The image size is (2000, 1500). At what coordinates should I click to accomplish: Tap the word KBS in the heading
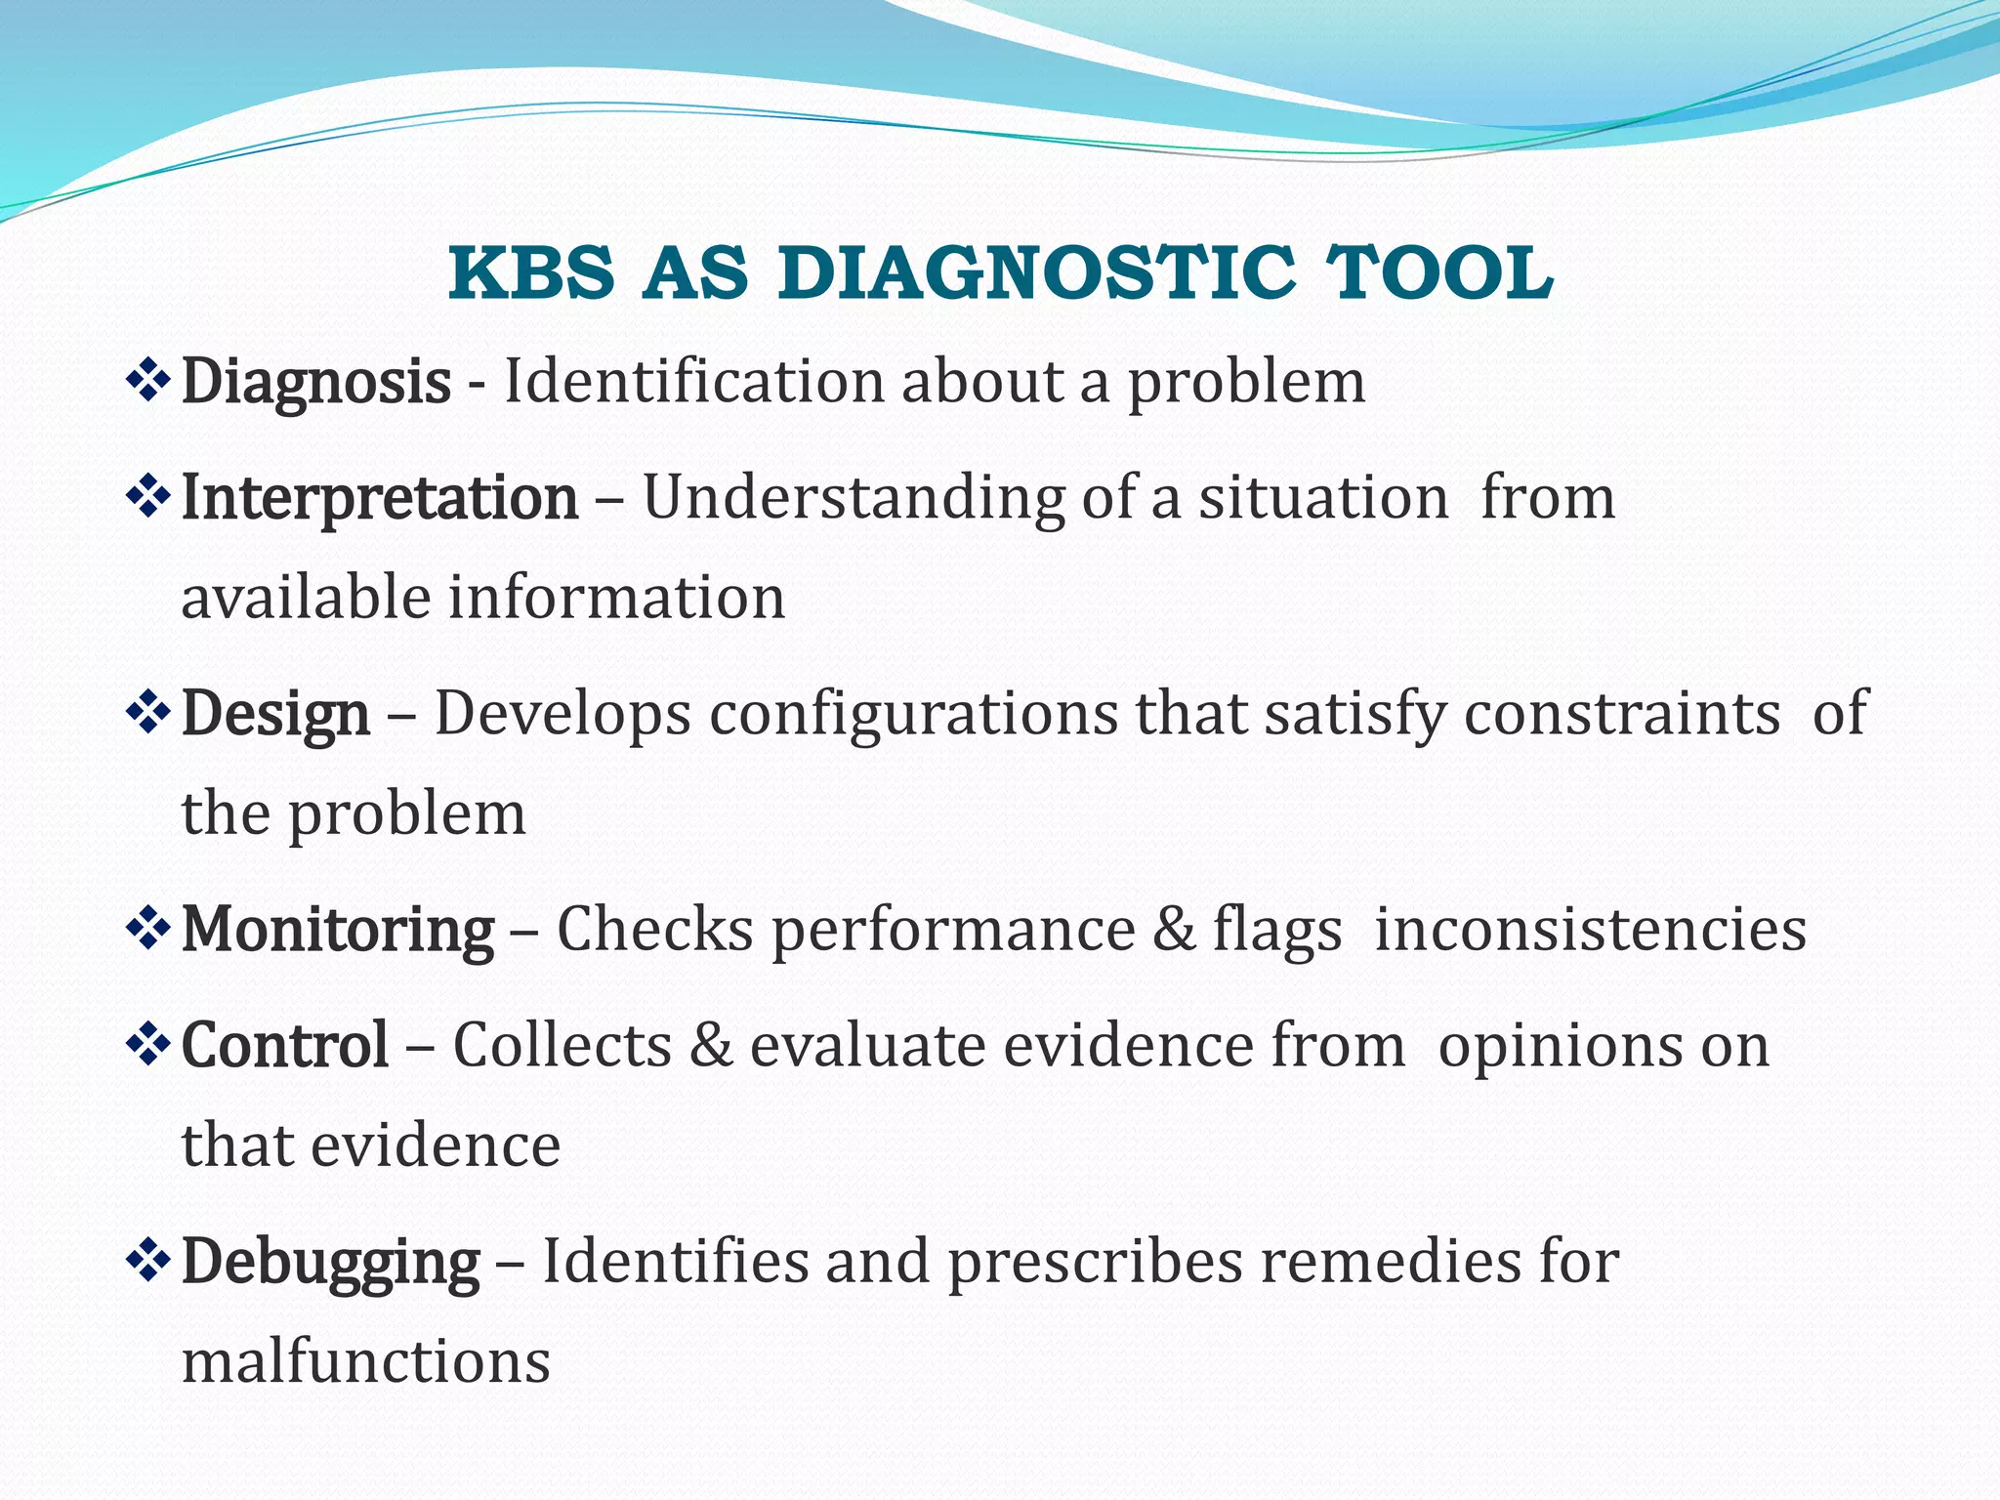[531, 274]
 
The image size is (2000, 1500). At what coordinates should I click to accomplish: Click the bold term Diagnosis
[315, 382]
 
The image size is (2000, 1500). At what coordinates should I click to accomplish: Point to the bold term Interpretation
[380, 498]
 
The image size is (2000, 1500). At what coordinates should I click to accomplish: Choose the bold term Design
[275, 714]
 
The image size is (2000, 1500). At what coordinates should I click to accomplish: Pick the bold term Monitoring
[338, 929]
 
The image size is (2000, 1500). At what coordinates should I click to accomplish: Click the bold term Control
[285, 1046]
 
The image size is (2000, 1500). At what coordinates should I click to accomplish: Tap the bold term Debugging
[330, 1262]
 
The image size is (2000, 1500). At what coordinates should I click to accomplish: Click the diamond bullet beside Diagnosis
[148, 381]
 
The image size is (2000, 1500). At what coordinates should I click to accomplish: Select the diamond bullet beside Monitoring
[148, 928]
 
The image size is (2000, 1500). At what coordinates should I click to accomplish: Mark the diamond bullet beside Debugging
[148, 1260]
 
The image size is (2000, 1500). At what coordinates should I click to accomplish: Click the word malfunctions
[366, 1362]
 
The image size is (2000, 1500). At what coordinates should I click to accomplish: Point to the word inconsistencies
[1590, 929]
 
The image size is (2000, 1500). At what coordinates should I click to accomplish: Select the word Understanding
[853, 498]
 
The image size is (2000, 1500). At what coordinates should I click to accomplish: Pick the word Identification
[693, 382]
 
